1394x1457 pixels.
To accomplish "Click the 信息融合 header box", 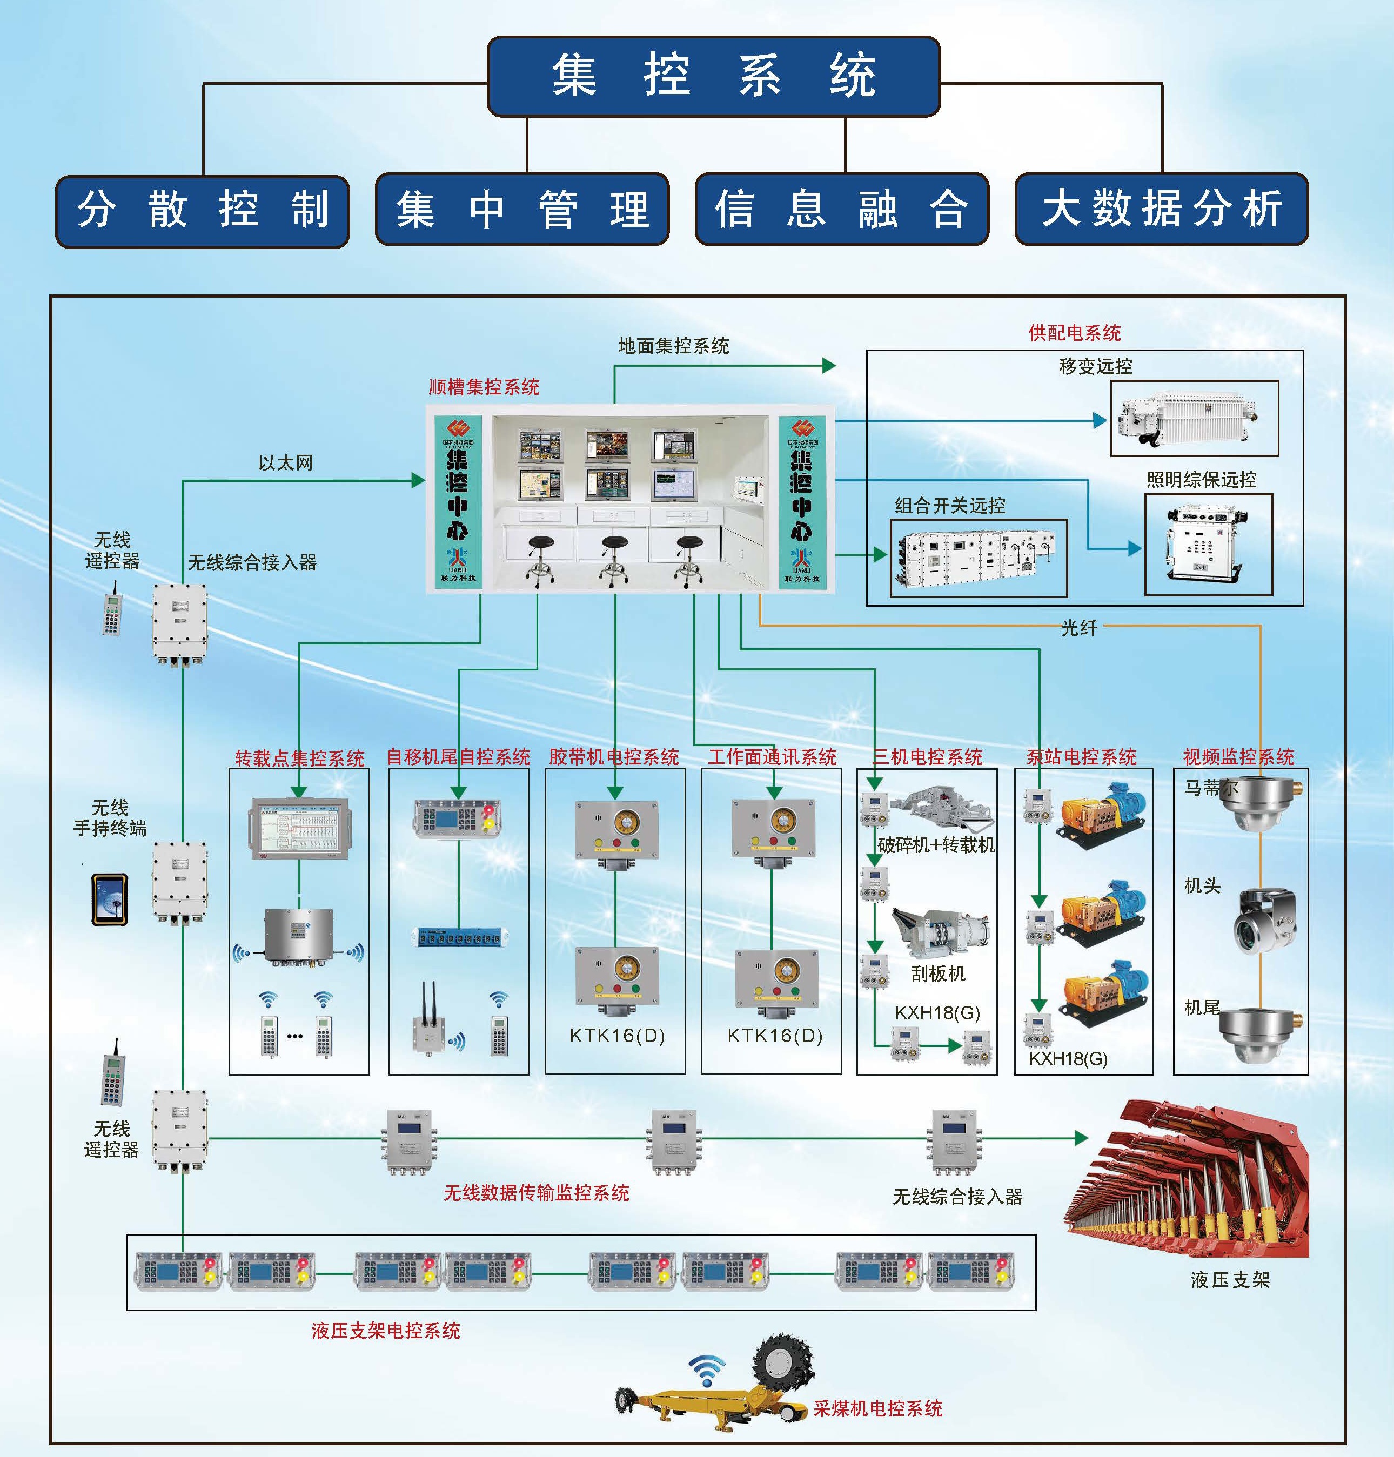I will [x=841, y=209].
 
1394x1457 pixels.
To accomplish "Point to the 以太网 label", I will [x=285, y=463].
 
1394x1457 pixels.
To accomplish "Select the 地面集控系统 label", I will [x=673, y=346].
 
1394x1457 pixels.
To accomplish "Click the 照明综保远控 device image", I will [x=1208, y=543].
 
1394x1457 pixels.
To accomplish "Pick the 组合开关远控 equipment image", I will [x=977, y=557].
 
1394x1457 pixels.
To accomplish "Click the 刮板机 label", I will [x=938, y=973].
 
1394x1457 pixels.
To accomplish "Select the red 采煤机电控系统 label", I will [x=877, y=1408].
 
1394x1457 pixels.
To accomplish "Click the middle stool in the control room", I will [x=614, y=561].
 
